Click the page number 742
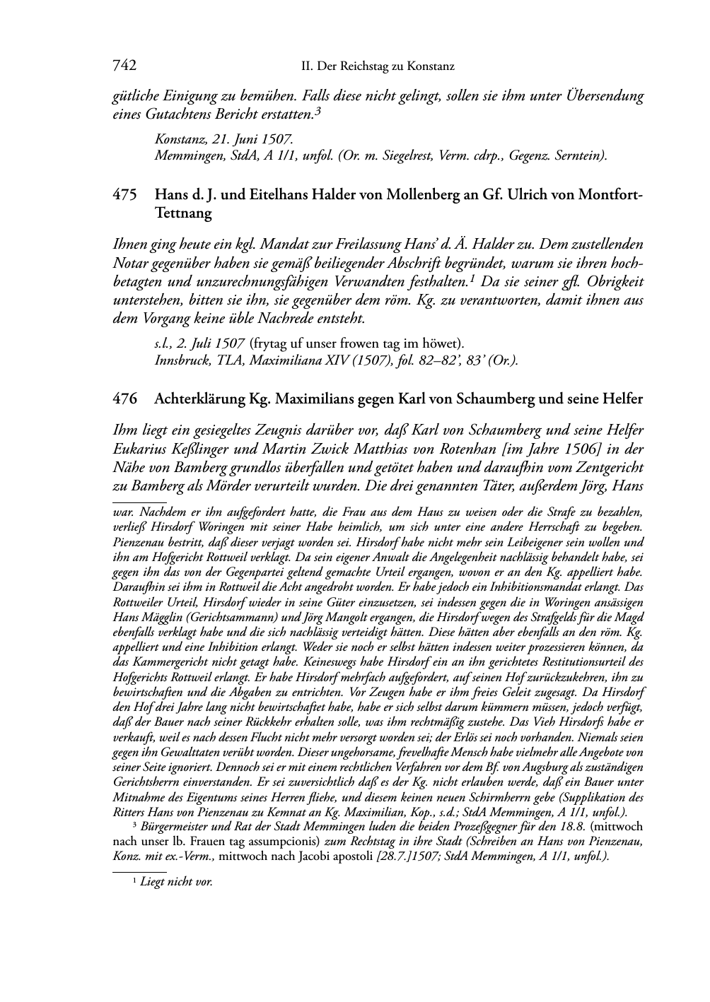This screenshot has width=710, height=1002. pyautogui.click(x=124, y=66)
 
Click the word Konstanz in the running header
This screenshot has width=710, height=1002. pyautogui.click(x=431, y=67)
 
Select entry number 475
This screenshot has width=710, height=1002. pyautogui.click(x=124, y=194)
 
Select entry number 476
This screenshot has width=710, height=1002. pyautogui.click(x=124, y=399)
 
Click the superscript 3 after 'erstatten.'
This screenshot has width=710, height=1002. pyautogui.click(x=318, y=110)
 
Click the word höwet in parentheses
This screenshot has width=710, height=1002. pyautogui.click(x=441, y=344)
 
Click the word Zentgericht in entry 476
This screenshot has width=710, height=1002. pyautogui.click(x=605, y=467)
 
